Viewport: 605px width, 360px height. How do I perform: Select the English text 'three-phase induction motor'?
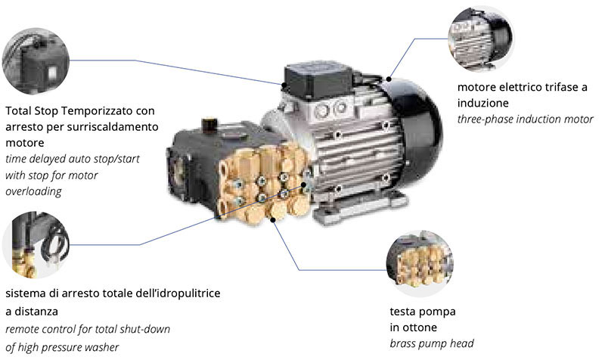click(525, 119)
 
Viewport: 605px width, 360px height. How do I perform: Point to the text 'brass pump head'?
click(431, 343)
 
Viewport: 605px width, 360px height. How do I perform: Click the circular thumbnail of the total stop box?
click(35, 58)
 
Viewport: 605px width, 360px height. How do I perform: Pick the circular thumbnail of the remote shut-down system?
click(35, 244)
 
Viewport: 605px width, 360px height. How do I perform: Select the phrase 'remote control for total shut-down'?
click(87, 329)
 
